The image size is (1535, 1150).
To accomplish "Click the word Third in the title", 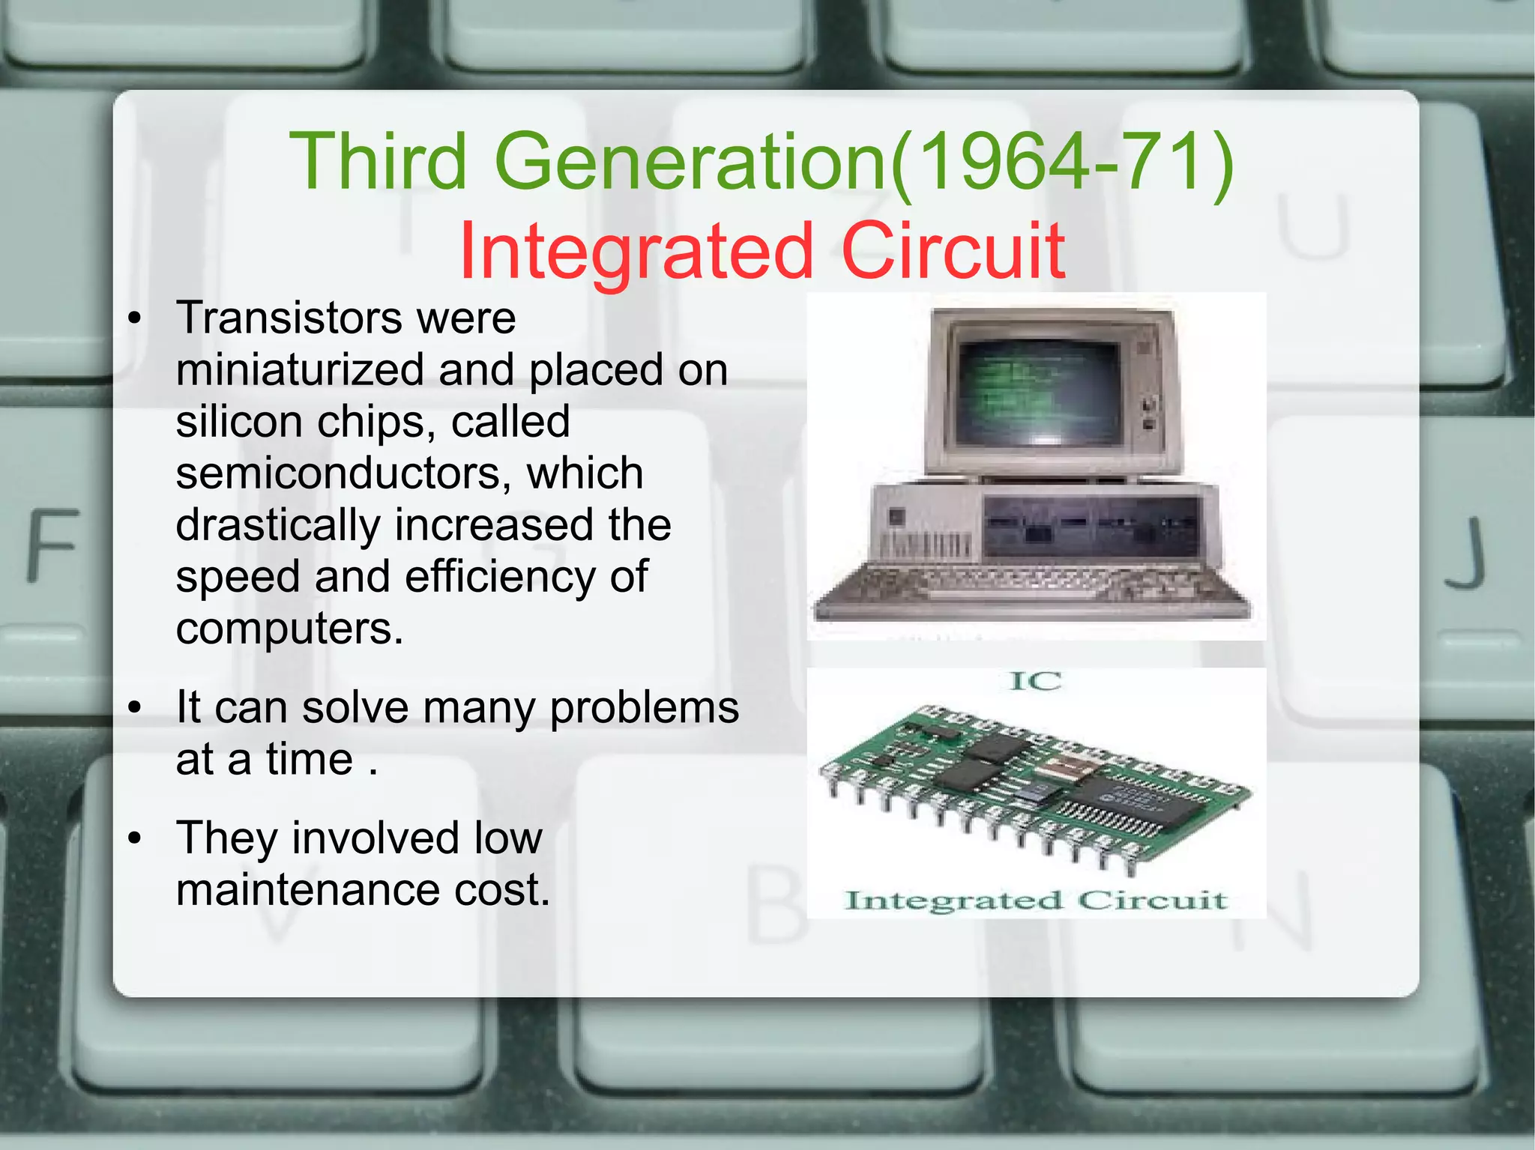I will pos(378,162).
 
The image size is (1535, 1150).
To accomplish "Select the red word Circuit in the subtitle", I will pos(953,252).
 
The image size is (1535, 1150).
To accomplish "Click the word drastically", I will pos(278,525).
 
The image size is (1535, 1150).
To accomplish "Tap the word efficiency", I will pos(498,577).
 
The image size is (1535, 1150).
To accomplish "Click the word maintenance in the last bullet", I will pos(307,890).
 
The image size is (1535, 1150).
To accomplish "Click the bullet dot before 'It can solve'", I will pos(135,708).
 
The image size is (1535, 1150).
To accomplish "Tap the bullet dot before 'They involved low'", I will pos(135,838).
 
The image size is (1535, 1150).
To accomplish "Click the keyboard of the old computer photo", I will pos(1034,588).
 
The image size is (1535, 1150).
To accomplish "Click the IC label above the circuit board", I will pos(1036,682).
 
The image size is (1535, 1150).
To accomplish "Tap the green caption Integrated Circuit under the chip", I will pos(1036,901).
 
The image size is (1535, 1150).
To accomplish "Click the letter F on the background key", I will pos(52,545).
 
